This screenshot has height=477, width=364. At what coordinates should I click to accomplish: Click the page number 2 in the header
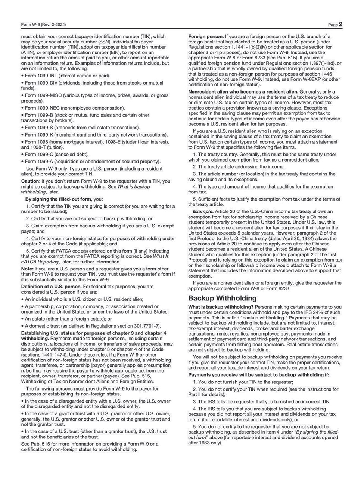click(340, 25)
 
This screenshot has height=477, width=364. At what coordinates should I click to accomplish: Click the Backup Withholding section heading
click(222, 298)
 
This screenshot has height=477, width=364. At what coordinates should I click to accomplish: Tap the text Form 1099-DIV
click(40, 83)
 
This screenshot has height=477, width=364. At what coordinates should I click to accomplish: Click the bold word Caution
click(31, 181)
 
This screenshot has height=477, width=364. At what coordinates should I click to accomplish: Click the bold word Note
click(27, 269)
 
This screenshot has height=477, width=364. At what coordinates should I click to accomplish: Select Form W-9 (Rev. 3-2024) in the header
click(44, 25)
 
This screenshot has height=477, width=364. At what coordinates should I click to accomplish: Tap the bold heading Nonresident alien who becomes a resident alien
click(243, 92)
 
